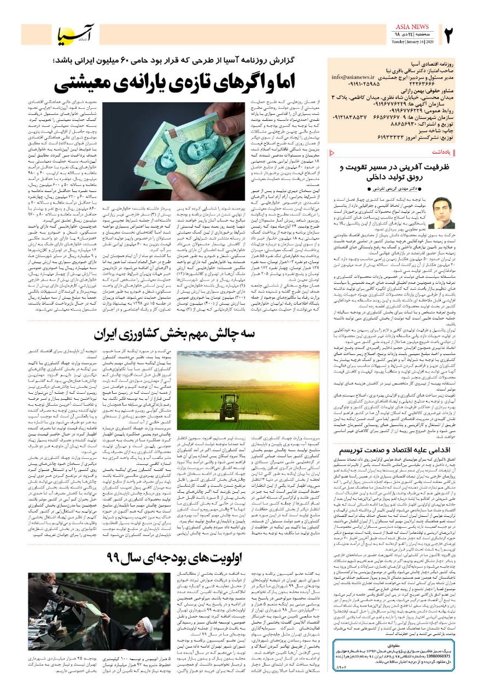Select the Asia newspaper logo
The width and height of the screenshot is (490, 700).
pyautogui.click(x=77, y=35)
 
